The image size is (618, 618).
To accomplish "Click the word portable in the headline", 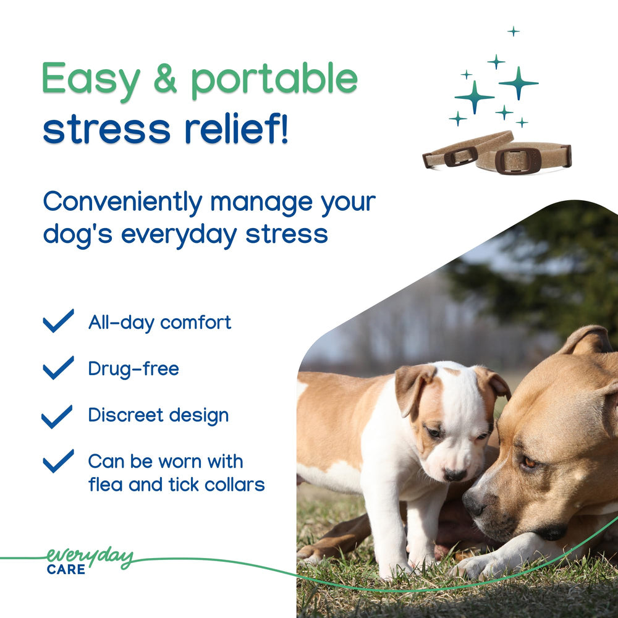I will point(274,80).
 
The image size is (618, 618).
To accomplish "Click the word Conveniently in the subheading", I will point(122,202).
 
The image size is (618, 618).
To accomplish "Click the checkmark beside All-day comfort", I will point(58,321).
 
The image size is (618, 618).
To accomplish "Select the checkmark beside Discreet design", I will point(57,415).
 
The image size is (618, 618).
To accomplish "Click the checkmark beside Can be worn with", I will point(58,461).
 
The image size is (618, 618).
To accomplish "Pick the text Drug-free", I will point(133,369).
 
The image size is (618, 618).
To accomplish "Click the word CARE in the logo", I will point(66,569).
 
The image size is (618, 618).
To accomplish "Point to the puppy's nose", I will point(455,474).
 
